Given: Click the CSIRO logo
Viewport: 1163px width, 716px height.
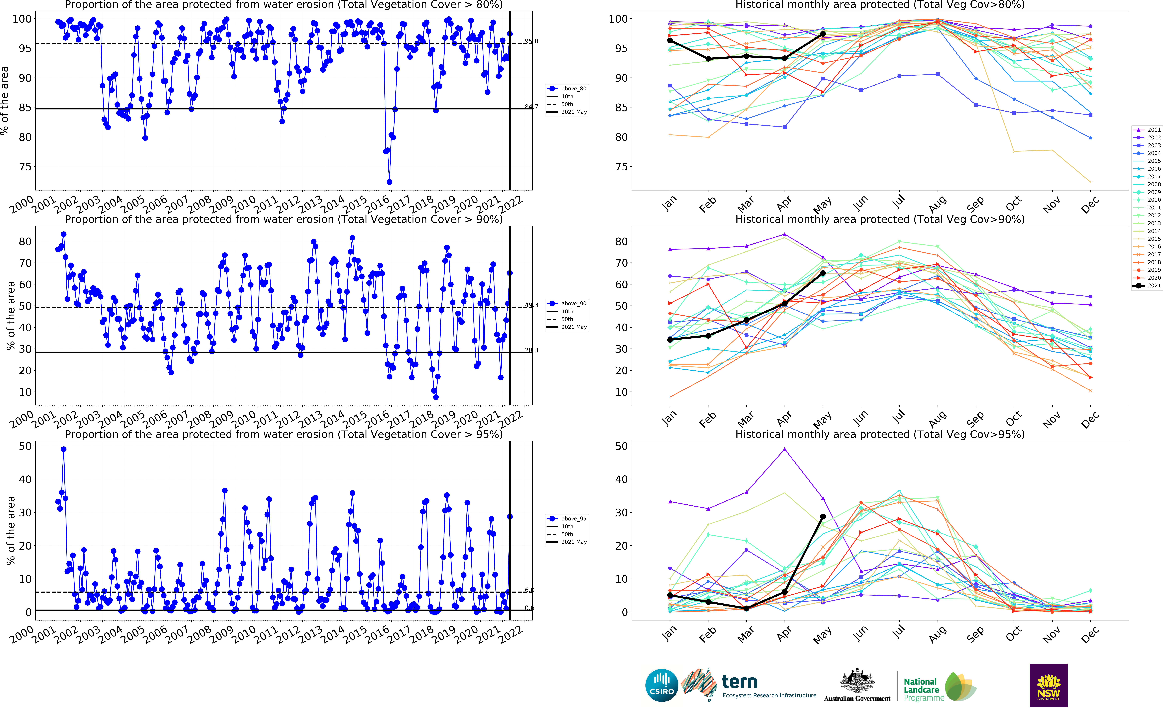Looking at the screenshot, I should click(x=662, y=685).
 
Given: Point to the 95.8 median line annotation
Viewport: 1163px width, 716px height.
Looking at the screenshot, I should click(x=531, y=41).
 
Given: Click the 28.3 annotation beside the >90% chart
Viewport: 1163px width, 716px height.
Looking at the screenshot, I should click(x=531, y=350).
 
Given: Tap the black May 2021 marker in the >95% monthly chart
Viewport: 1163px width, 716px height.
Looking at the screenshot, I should click(x=823, y=517).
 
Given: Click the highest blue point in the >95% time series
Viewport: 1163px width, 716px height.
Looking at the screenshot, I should click(x=64, y=449).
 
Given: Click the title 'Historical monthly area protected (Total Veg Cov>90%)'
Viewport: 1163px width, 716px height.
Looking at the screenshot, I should click(x=880, y=219).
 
